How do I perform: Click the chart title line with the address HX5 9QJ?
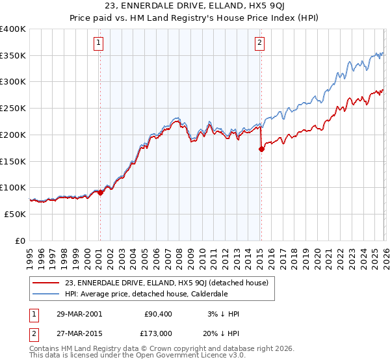194,7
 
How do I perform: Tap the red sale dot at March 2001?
100,192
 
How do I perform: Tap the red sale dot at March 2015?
261,149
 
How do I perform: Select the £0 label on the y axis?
20,240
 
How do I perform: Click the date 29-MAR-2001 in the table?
78,314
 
